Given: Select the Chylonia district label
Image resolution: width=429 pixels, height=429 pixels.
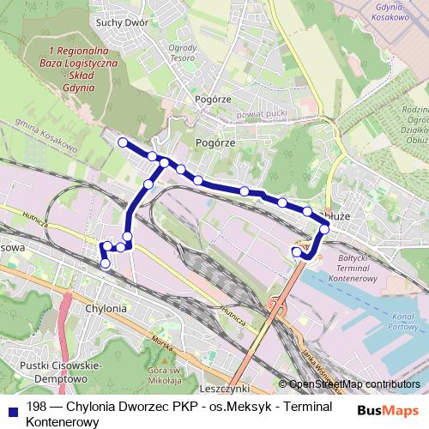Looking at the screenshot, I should [107, 308].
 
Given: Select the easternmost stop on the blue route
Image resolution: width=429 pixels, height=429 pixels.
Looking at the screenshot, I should [325, 228].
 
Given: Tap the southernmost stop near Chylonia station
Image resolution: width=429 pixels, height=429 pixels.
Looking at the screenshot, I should [106, 264].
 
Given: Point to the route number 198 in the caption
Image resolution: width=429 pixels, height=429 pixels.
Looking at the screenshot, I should [36, 408].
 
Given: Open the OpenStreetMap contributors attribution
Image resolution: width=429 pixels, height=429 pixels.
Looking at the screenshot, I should [354, 384].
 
